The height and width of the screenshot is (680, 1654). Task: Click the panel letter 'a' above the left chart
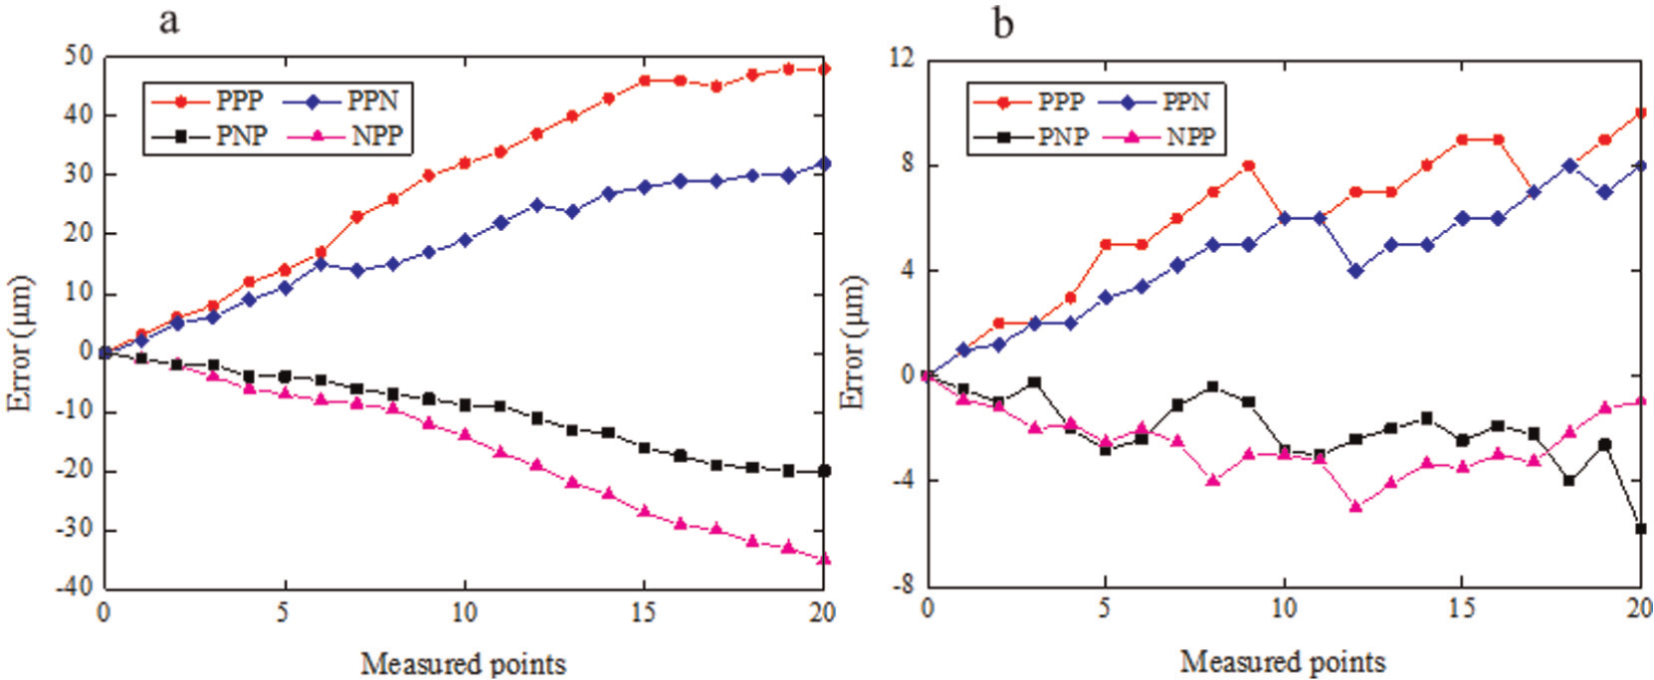(x=169, y=22)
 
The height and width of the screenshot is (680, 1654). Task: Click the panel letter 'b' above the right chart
(x=1003, y=24)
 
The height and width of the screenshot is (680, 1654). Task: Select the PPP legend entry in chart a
(x=207, y=100)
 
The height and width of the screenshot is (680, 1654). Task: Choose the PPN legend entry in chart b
(x=1154, y=101)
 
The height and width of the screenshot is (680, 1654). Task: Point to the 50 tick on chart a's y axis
(x=79, y=56)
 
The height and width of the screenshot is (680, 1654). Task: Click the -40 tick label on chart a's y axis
(x=75, y=587)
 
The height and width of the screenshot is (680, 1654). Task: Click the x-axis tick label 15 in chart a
(x=644, y=612)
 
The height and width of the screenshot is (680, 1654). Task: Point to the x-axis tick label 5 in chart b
(x=1105, y=608)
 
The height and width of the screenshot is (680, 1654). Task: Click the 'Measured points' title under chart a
(x=464, y=663)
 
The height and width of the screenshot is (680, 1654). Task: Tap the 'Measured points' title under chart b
(x=1284, y=661)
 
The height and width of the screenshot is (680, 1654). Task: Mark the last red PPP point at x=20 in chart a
(x=824, y=69)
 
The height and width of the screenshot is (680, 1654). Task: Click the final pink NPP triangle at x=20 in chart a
(x=824, y=559)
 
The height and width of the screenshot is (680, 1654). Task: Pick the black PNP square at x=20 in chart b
(x=1641, y=529)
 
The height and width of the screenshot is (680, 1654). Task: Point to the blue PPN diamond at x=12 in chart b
(x=1355, y=271)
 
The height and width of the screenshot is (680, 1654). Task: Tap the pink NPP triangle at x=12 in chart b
(x=1355, y=507)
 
